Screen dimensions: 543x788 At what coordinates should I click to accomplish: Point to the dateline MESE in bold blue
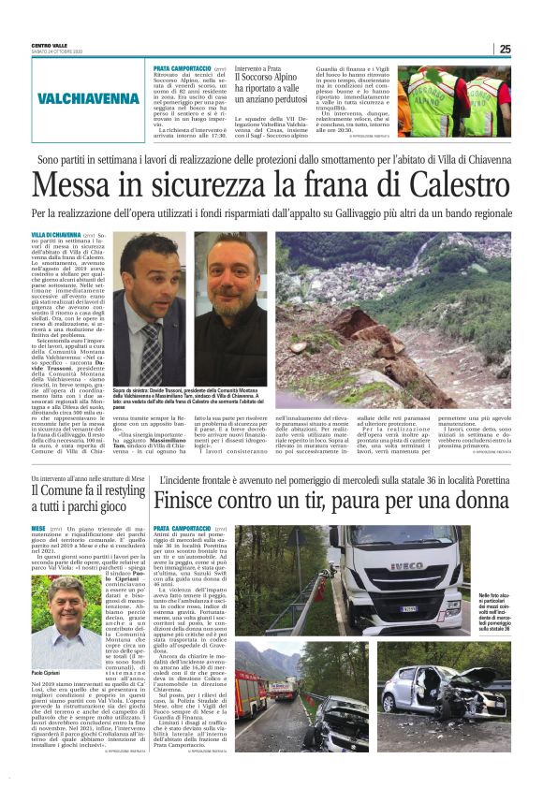click(x=39, y=529)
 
